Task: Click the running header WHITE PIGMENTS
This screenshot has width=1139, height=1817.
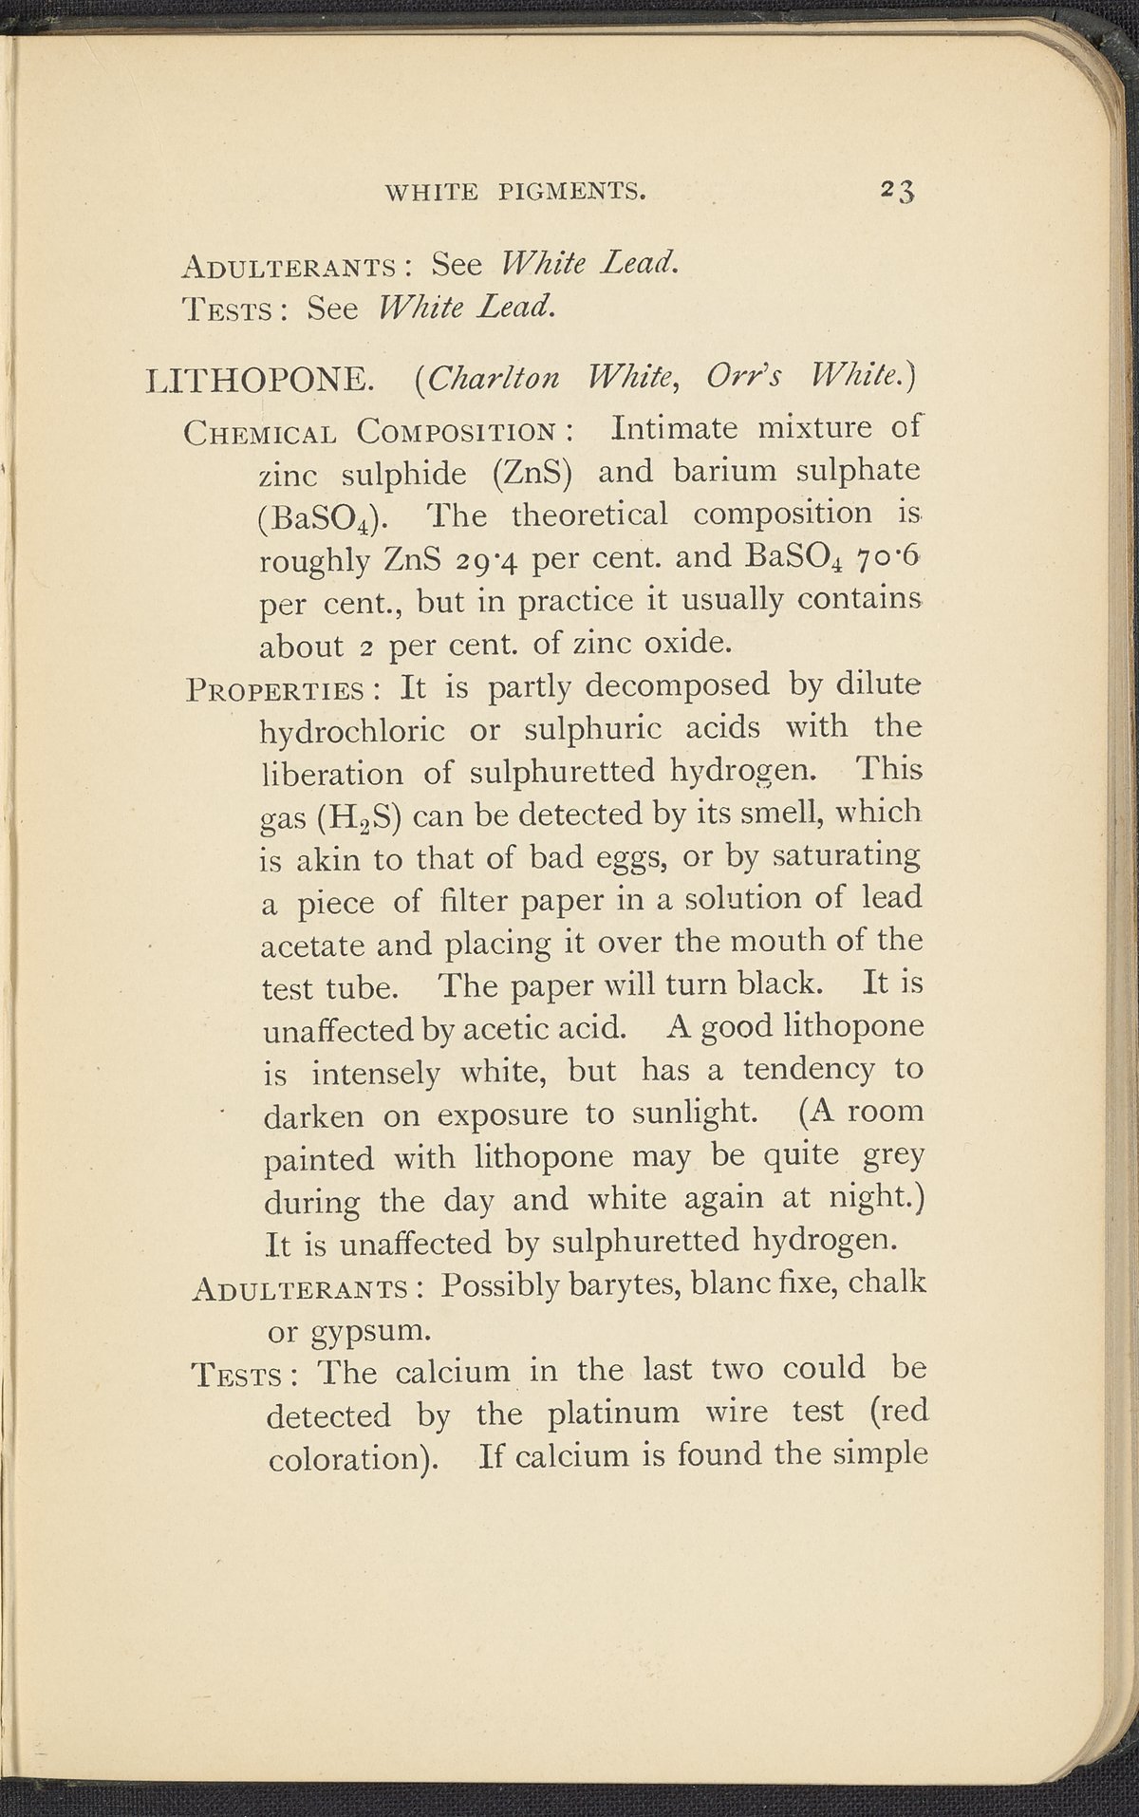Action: coord(514,193)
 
